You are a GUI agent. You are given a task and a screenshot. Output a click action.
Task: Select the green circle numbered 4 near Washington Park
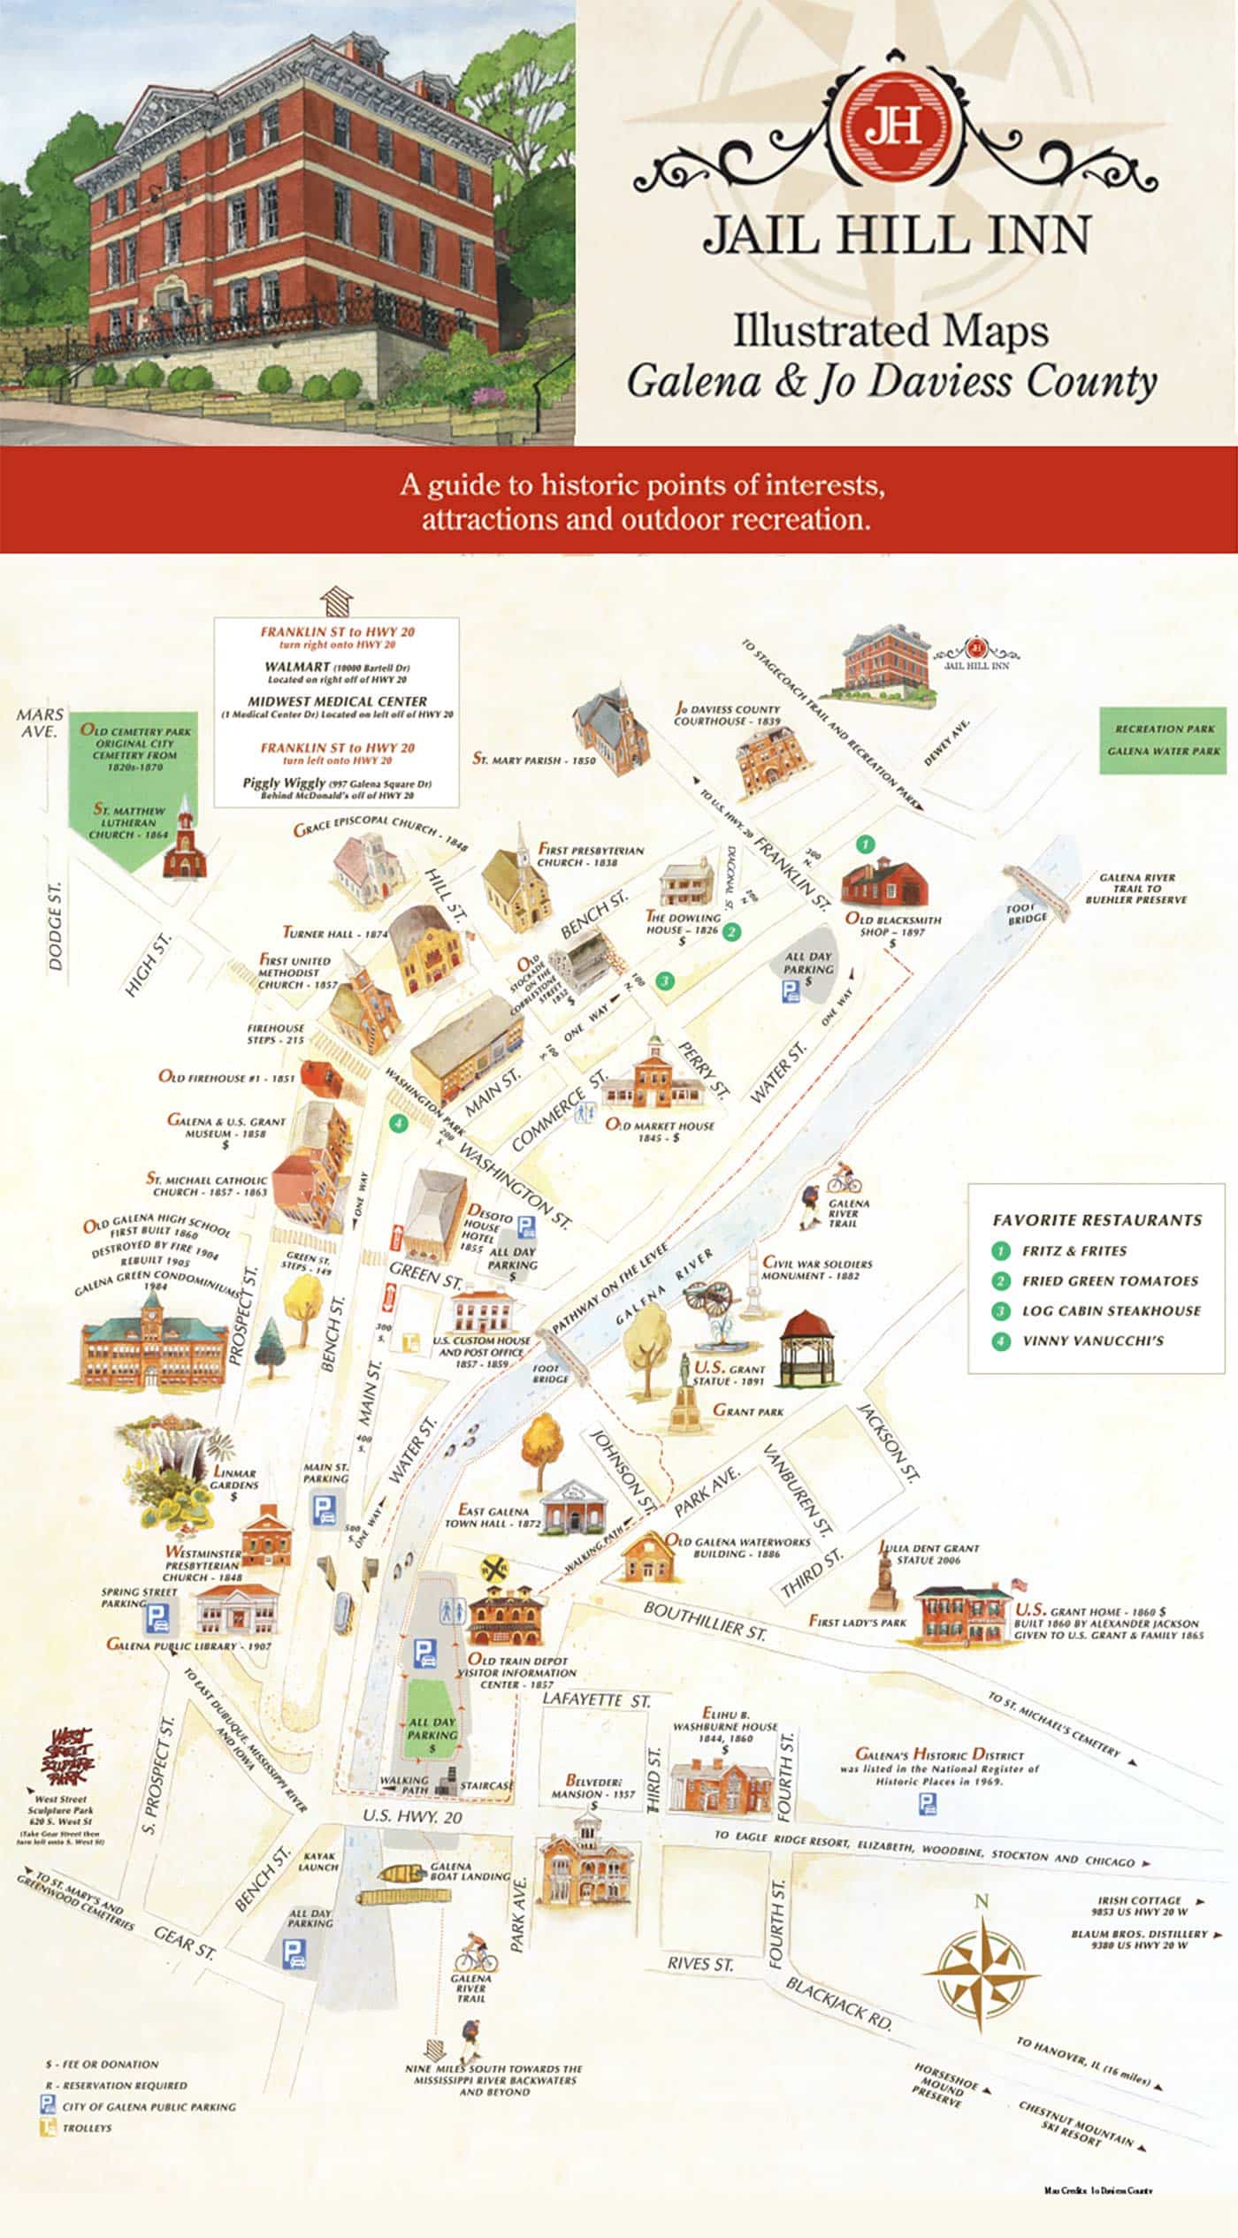tap(399, 1123)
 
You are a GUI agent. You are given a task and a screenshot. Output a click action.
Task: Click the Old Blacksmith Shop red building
tap(884, 882)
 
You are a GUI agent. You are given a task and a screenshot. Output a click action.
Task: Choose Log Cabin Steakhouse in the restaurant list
tap(1111, 1310)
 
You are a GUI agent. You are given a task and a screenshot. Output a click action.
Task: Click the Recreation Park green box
tap(1165, 740)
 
